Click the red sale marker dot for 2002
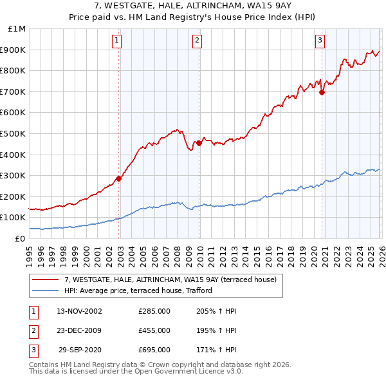[x=119, y=178]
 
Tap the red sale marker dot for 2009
[x=199, y=143]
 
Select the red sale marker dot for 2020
[x=322, y=93]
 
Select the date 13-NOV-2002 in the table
[x=79, y=311]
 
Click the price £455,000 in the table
[x=154, y=330]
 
